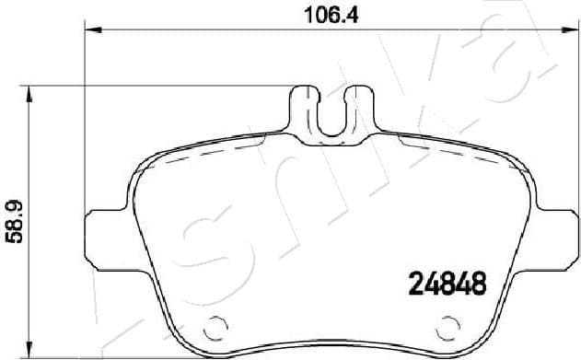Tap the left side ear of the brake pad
101,237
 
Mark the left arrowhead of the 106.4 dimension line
92,30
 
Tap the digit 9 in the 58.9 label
13,208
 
